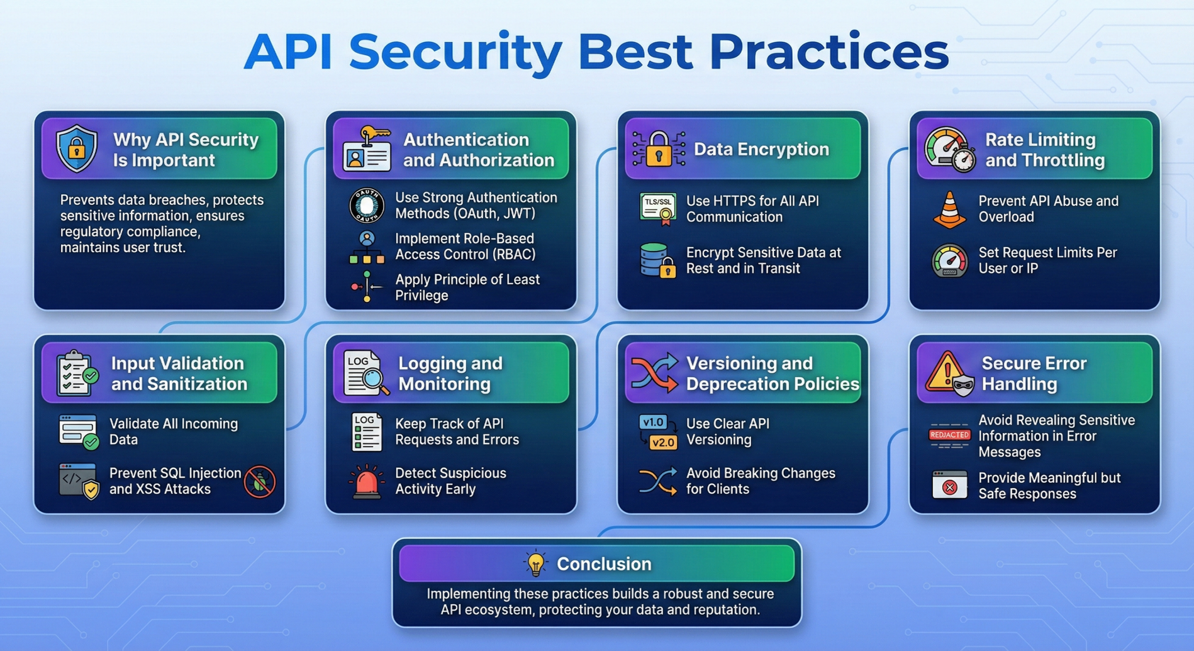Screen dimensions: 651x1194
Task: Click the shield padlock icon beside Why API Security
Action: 76,148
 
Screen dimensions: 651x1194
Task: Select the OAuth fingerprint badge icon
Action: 367,205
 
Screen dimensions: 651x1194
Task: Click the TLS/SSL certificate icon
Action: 658,208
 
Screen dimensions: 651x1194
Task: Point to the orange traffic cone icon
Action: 950,210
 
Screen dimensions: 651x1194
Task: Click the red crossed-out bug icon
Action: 259,481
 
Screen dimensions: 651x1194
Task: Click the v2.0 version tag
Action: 663,442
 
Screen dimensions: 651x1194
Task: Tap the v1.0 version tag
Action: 653,422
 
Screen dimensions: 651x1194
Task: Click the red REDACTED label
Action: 950,435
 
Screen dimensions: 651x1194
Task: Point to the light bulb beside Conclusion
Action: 535,563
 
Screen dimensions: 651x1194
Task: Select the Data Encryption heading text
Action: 761,149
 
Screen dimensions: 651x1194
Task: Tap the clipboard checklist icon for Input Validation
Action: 75,373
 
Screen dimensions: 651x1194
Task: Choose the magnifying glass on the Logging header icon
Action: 375,380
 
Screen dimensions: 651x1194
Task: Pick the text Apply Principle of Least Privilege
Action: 467,287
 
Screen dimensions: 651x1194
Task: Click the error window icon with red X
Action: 950,485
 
